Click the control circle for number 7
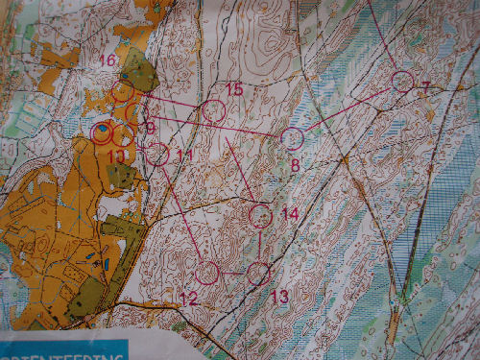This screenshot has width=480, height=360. tap(402, 81)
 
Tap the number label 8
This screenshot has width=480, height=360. tap(295, 165)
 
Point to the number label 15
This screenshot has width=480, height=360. tap(234, 89)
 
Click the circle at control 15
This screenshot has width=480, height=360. tap(214, 111)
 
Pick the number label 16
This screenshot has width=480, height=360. tap(108, 60)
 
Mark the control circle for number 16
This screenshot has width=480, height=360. tap(123, 91)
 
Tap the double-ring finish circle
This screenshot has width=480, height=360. tap(101, 132)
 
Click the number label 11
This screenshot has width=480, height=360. tap(185, 155)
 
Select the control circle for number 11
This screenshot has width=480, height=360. tap(158, 154)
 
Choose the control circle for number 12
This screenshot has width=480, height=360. tap(207, 272)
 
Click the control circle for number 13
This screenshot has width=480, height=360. tap(257, 274)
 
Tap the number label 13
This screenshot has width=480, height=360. tap(278, 297)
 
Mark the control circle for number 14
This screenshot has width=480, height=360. tap(261, 215)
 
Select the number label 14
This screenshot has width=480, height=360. tap(289, 212)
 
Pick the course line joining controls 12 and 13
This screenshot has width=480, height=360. tap(232, 273)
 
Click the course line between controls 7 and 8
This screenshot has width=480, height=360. tap(348, 109)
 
